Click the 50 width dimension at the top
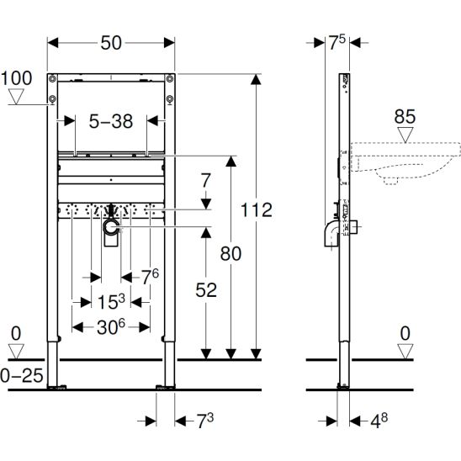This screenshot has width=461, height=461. click(x=111, y=43)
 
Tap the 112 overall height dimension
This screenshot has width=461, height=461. click(x=257, y=210)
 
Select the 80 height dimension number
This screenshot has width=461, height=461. click(x=231, y=253)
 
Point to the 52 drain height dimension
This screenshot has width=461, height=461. click(x=206, y=290)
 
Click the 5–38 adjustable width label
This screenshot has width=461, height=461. click(x=111, y=121)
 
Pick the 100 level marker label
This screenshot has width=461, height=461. click(x=17, y=78)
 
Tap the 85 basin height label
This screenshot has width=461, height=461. click(x=405, y=116)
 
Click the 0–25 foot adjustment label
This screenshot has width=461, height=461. click(x=22, y=376)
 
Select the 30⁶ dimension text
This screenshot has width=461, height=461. click(x=111, y=327)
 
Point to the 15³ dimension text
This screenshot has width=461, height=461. click(x=111, y=302)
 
